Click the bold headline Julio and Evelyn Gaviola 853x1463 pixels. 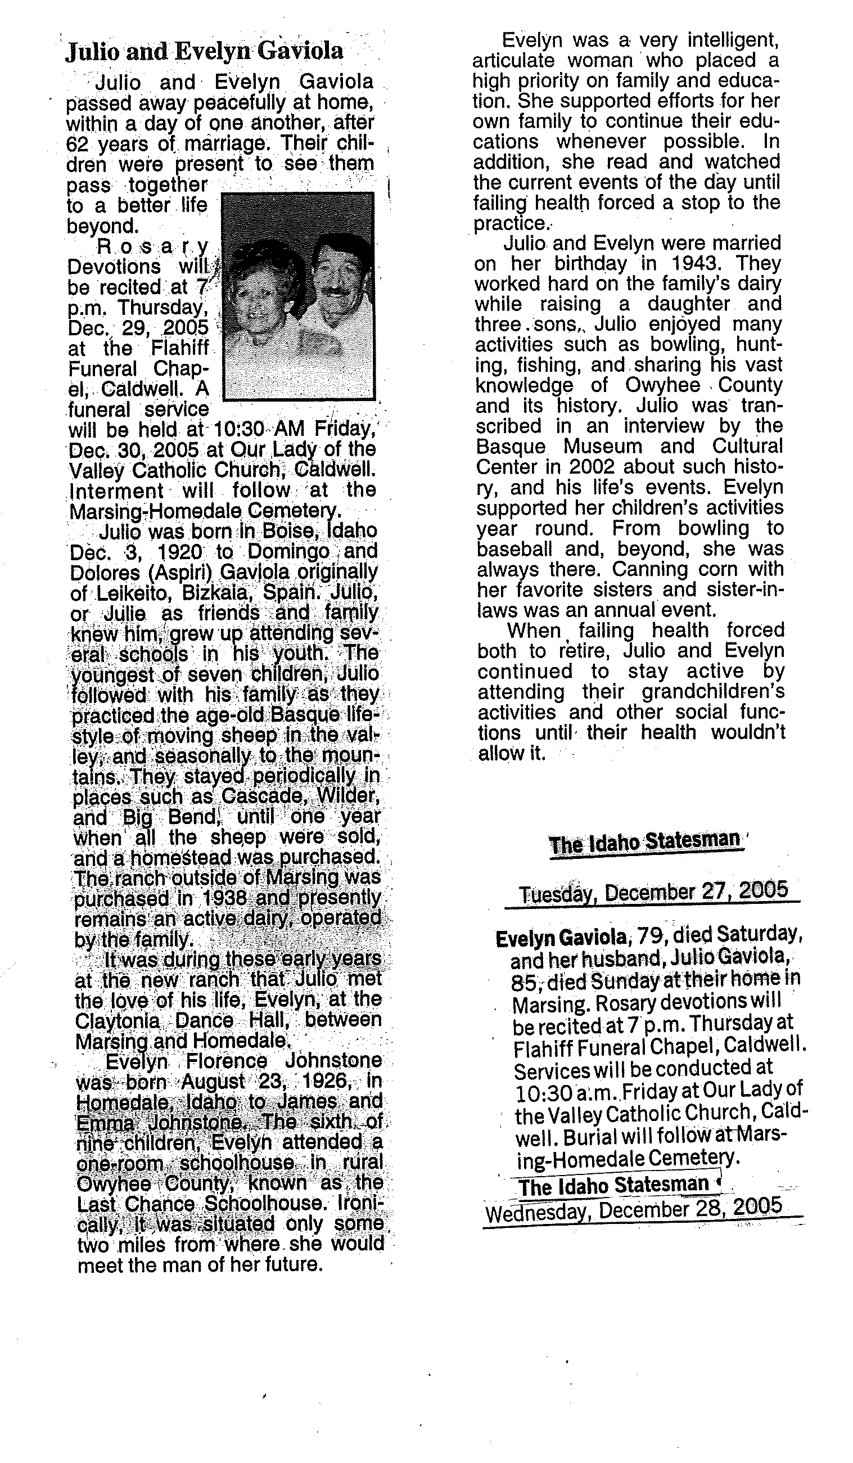point(204,52)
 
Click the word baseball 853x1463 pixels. point(513,548)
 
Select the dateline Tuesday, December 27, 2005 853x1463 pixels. point(653,891)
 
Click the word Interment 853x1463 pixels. point(116,490)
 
